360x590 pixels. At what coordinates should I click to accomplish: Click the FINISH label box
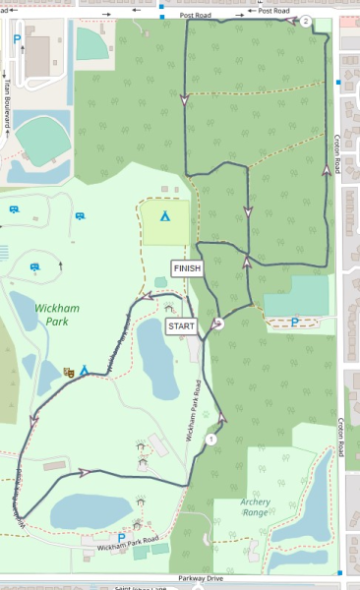pos(187,267)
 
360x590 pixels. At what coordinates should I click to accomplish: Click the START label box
pos(181,325)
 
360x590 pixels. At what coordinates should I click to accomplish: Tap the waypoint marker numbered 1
pos(210,439)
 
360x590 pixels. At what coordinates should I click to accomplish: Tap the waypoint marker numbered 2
pos(306,21)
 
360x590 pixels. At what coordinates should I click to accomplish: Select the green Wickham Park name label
pos(56,314)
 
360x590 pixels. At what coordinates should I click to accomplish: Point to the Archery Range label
pos(255,506)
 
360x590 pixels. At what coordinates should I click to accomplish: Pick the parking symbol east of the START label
pos(294,321)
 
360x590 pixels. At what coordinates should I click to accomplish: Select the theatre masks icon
pos(69,372)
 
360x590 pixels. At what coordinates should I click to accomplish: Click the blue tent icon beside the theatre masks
pos(85,370)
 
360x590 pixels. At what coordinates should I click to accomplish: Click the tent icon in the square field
pos(165,213)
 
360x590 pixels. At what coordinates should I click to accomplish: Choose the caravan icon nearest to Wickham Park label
pos(35,266)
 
